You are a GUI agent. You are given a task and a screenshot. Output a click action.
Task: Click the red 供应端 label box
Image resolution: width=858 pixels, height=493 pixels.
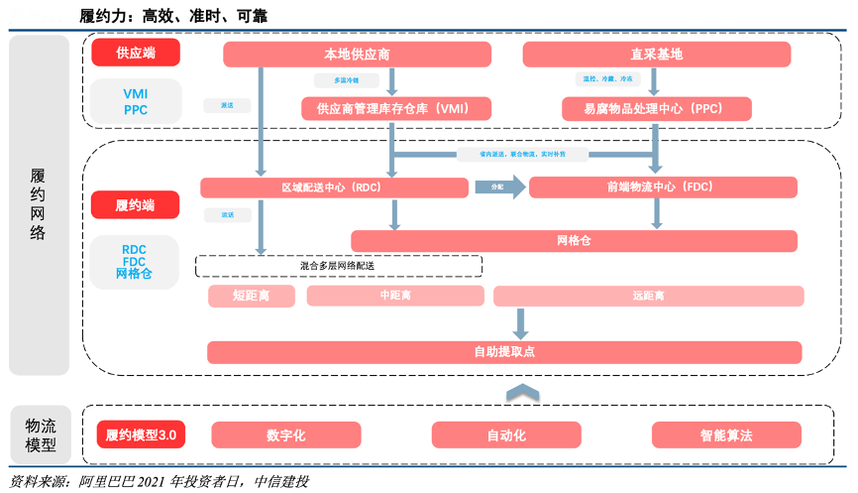click(136, 52)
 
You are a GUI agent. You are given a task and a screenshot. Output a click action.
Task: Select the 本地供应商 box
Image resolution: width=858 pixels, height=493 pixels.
click(357, 55)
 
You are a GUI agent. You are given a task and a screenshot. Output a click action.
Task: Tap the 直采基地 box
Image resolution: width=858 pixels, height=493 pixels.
click(656, 55)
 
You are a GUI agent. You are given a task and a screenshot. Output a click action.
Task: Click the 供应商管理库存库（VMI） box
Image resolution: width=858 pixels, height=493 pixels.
click(396, 108)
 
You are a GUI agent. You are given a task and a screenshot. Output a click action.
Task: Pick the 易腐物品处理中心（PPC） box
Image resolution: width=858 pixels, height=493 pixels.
click(656, 108)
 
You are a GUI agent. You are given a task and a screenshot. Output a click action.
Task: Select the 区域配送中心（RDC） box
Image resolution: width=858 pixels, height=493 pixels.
click(334, 187)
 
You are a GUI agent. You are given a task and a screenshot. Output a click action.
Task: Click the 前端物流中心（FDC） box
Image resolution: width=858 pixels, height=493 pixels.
click(662, 187)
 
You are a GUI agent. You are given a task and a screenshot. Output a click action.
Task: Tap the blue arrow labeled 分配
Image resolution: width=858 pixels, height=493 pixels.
click(499, 186)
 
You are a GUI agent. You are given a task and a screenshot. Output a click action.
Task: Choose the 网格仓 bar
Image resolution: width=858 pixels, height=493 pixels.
click(574, 241)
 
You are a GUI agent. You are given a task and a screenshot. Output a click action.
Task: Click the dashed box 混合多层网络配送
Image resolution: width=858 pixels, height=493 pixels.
click(338, 266)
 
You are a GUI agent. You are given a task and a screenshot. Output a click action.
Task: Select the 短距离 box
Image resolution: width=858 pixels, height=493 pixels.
click(251, 296)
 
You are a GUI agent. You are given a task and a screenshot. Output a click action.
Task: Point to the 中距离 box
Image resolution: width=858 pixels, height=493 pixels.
click(395, 296)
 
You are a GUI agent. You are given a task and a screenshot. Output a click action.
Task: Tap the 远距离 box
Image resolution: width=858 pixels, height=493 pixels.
click(647, 296)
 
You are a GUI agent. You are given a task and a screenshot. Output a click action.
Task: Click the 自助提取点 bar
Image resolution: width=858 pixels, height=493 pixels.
click(504, 352)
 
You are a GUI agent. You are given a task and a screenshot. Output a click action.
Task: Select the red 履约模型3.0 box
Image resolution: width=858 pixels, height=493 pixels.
click(140, 434)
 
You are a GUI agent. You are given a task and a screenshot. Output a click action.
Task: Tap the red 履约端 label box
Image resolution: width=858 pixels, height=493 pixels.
click(136, 205)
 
